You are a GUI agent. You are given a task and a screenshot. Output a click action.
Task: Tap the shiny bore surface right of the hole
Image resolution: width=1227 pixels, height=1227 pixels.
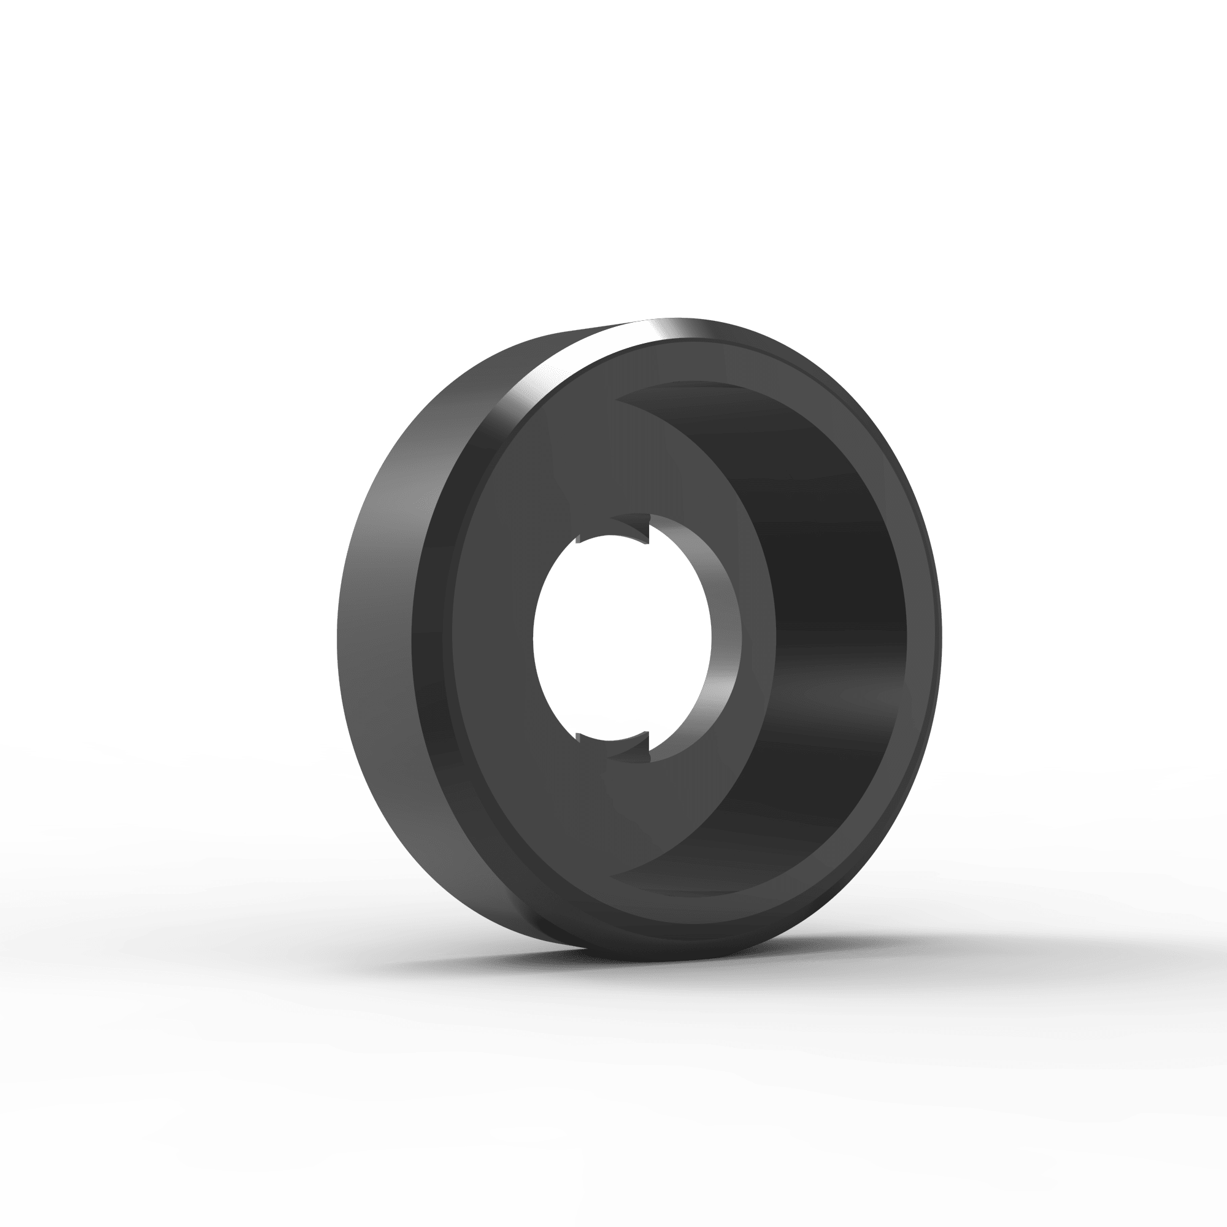pyautogui.click(x=724, y=635)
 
